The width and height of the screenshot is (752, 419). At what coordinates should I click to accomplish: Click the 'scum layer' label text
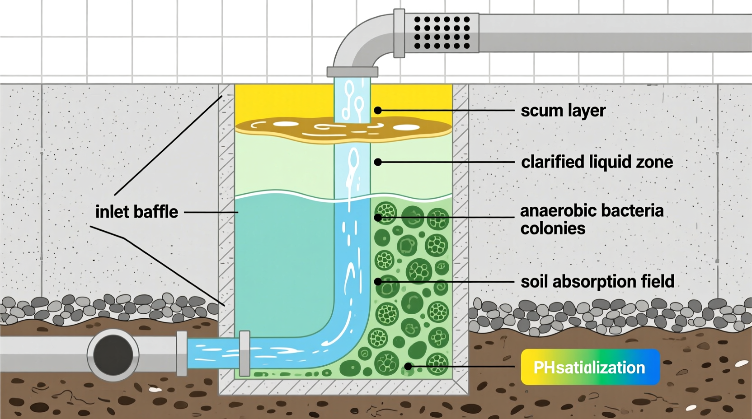point(563,111)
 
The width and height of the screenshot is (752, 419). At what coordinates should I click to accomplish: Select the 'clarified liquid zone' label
point(597,162)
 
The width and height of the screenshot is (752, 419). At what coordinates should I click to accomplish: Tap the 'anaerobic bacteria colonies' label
point(592,219)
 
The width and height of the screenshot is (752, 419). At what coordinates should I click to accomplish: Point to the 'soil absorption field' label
point(597,282)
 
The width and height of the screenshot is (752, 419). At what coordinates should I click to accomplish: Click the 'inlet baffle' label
point(136,212)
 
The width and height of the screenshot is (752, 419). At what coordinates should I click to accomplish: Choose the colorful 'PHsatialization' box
point(590,367)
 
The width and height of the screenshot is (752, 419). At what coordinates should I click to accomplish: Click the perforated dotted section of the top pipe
point(442,33)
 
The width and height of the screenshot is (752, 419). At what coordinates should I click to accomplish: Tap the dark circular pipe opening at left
point(113,354)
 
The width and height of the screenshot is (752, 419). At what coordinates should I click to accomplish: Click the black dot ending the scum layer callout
point(378,111)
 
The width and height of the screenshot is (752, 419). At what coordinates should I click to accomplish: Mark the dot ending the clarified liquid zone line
point(378,162)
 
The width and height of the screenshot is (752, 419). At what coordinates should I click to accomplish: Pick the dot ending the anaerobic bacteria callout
point(378,218)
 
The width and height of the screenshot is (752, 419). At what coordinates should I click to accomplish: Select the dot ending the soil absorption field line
point(378,282)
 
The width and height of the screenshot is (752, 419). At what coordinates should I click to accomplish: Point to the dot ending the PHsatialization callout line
point(408,367)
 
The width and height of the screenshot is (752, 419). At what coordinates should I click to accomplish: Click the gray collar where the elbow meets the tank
point(352,72)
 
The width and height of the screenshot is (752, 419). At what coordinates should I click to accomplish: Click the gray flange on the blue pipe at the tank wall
point(244,354)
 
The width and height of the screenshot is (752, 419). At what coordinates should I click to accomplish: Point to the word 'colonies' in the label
point(553,228)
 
